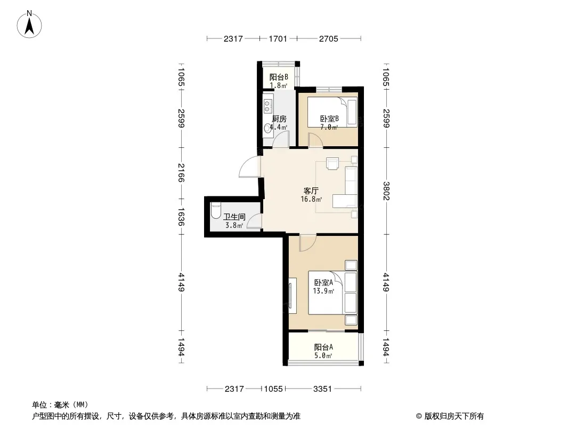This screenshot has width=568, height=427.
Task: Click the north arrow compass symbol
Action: [29, 25]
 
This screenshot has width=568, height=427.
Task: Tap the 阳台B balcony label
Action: [279, 77]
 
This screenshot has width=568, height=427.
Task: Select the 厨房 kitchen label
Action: [279, 119]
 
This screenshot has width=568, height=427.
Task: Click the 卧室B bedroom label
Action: [329, 119]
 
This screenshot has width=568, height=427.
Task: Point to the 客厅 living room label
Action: [311, 191]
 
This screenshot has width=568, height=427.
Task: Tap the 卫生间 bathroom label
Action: [234, 217]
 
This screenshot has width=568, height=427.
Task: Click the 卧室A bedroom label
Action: [323, 282]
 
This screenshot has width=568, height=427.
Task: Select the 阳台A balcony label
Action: [323, 347]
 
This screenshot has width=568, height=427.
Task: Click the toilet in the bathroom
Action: [216, 210]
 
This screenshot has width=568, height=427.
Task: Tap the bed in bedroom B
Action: [332, 112]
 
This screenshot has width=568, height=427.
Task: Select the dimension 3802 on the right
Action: [386, 191]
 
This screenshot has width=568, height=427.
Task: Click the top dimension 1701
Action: [278, 39]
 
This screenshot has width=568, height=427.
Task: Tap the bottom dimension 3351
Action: [322, 389]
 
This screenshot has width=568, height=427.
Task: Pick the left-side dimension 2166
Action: [181, 173]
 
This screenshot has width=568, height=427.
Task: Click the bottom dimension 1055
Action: [273, 389]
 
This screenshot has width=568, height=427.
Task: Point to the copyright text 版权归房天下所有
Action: [454, 416]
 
